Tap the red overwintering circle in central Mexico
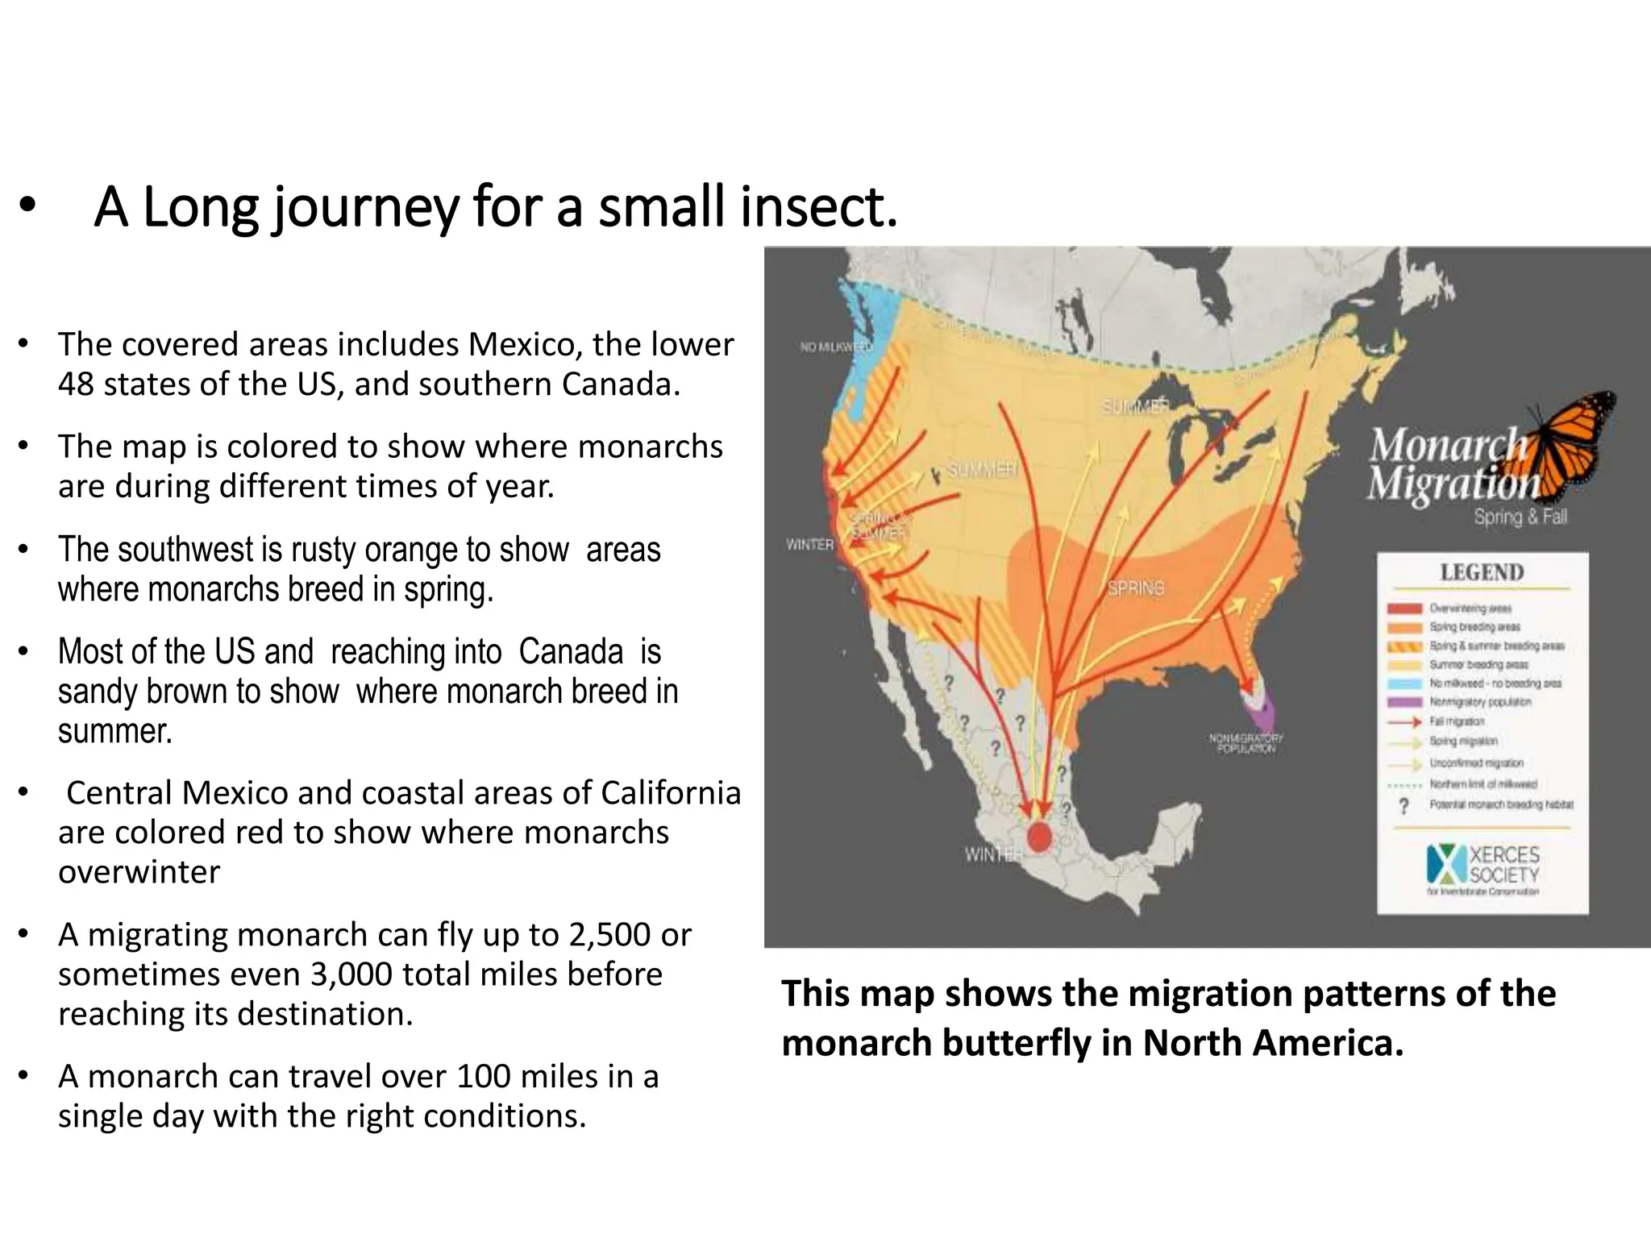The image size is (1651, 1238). (1039, 837)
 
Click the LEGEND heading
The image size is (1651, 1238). (1482, 572)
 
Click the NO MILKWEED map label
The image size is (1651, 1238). (835, 347)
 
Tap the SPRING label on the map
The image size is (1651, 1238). (1135, 588)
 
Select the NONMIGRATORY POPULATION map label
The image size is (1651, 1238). (1246, 743)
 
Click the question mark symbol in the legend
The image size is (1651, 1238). (1404, 805)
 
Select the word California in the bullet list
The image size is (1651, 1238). (671, 793)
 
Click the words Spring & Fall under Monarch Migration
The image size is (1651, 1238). (1520, 517)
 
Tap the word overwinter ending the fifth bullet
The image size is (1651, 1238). (139, 872)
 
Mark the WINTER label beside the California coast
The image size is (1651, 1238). (809, 545)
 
